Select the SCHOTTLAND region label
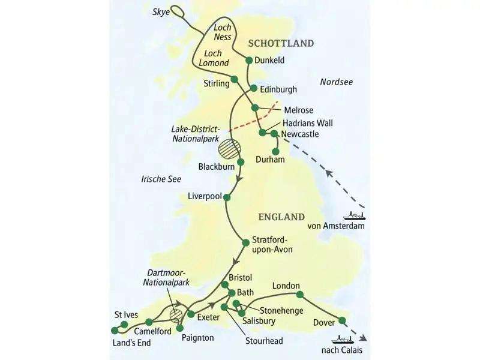(x=281, y=43)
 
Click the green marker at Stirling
(x=235, y=80)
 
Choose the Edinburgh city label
(x=278, y=89)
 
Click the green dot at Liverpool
(x=227, y=196)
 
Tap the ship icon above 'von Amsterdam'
(x=354, y=215)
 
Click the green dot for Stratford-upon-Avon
(x=245, y=242)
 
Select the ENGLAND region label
(x=281, y=217)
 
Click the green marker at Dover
(x=342, y=320)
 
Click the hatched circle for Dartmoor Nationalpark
(x=176, y=315)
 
